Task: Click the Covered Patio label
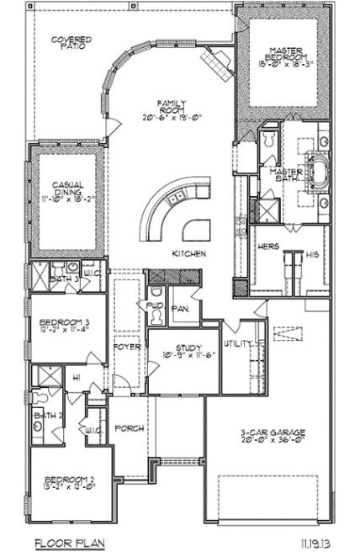(71, 45)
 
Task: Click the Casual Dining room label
(68, 188)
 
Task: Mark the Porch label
(130, 428)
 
